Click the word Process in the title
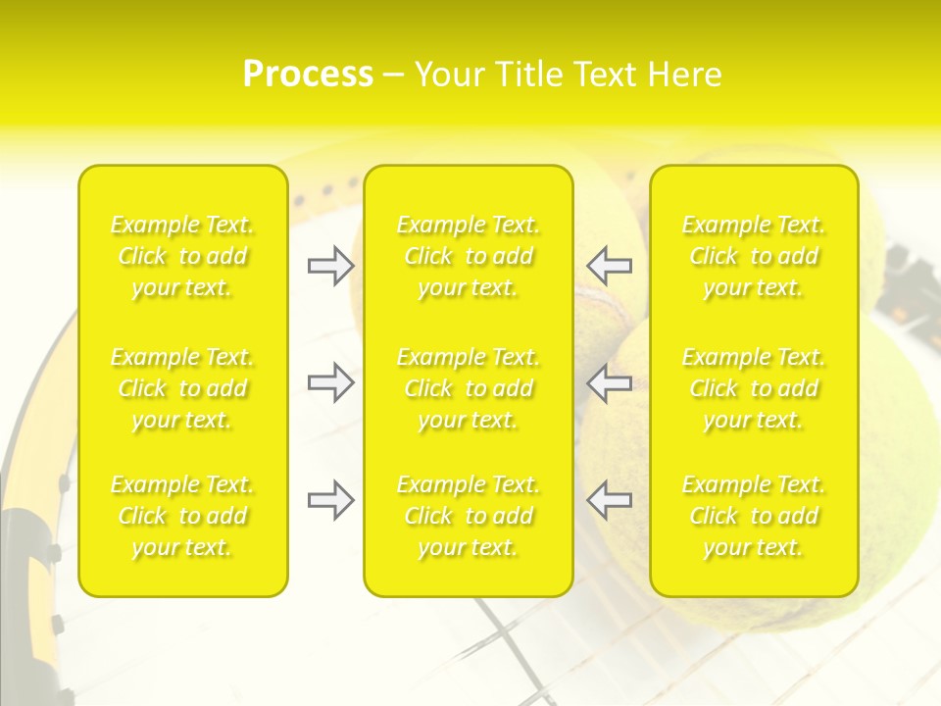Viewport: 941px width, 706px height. (308, 74)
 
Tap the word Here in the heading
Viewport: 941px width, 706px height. (684, 74)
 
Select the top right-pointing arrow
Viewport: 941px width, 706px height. (330, 266)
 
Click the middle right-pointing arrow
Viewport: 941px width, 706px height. (330, 383)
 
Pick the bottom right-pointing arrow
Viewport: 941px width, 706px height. (330, 500)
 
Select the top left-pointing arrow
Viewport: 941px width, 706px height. (609, 266)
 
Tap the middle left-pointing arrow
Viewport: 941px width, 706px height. (609, 383)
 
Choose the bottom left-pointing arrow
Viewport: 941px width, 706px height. (609, 500)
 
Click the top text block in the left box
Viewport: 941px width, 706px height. (182, 256)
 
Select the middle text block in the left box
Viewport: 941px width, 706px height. (182, 388)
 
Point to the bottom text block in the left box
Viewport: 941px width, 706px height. (182, 516)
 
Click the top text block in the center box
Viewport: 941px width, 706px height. (469, 256)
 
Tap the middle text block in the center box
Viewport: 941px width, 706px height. (469, 388)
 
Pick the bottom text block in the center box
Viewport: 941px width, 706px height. (469, 516)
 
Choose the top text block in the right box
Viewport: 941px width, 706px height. (754, 256)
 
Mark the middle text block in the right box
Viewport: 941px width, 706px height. (754, 388)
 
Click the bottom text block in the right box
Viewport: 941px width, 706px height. (754, 516)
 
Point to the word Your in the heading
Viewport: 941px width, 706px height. (450, 74)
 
